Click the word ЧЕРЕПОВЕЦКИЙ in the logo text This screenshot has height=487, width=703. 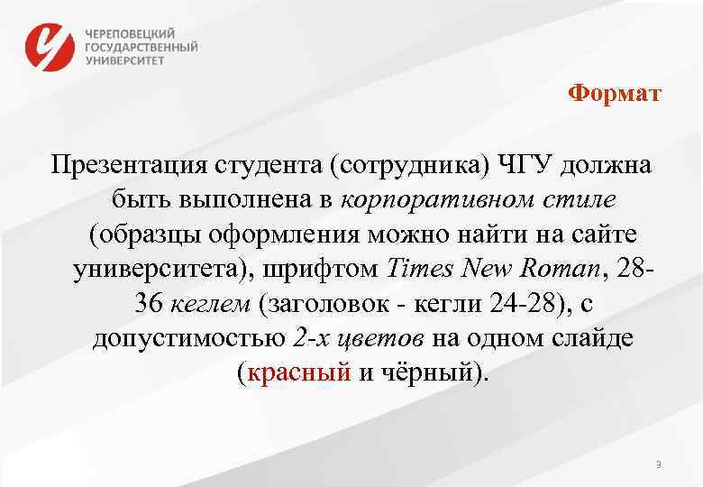pyautogui.click(x=130, y=31)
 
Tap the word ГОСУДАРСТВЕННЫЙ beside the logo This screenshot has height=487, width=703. pyautogui.click(x=142, y=45)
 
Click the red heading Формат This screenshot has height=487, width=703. pyautogui.click(x=616, y=94)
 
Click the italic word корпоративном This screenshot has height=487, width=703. pyautogui.click(x=433, y=201)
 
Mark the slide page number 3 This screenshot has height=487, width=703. pyautogui.click(x=659, y=465)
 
